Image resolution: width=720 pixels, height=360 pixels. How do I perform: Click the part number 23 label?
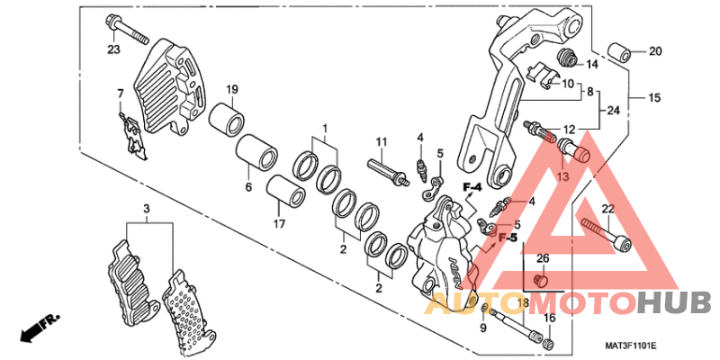(x=113, y=49)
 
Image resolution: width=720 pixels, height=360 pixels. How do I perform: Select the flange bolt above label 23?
(x=127, y=30)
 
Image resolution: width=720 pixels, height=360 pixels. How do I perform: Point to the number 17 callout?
(x=280, y=224)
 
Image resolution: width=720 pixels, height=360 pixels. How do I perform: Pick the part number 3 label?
(x=147, y=210)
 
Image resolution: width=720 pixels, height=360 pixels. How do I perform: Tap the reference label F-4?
(x=472, y=187)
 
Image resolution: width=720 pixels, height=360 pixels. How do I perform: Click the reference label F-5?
(x=508, y=238)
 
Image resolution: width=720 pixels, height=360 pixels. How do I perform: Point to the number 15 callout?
(x=655, y=97)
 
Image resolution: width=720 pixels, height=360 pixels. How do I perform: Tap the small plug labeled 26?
(x=541, y=279)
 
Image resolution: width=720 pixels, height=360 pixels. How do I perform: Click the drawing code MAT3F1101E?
(x=631, y=346)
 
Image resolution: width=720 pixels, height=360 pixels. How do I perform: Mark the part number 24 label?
(x=614, y=111)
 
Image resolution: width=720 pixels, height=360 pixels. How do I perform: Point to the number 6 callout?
(x=248, y=187)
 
